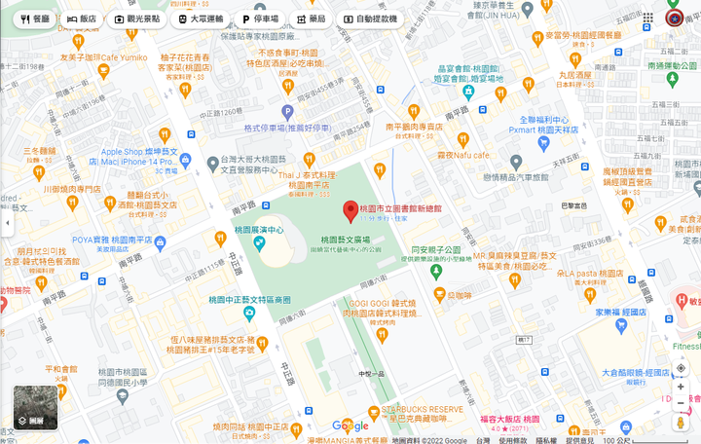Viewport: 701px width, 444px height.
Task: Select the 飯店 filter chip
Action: tap(82, 18)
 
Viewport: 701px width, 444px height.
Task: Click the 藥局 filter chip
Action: tap(310, 18)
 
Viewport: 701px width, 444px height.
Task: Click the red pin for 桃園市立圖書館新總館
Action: tap(350, 209)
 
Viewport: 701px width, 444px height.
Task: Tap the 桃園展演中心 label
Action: tap(259, 230)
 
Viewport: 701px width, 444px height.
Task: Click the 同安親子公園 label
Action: tap(435, 249)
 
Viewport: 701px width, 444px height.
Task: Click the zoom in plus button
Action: tap(681, 387)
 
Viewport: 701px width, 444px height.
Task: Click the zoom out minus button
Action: tap(681, 403)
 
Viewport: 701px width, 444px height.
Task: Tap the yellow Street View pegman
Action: tap(681, 424)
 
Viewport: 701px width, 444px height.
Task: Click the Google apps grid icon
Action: tap(648, 18)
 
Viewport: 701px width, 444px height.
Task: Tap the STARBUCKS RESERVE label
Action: tap(421, 409)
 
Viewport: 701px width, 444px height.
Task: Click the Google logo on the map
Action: tap(350, 425)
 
